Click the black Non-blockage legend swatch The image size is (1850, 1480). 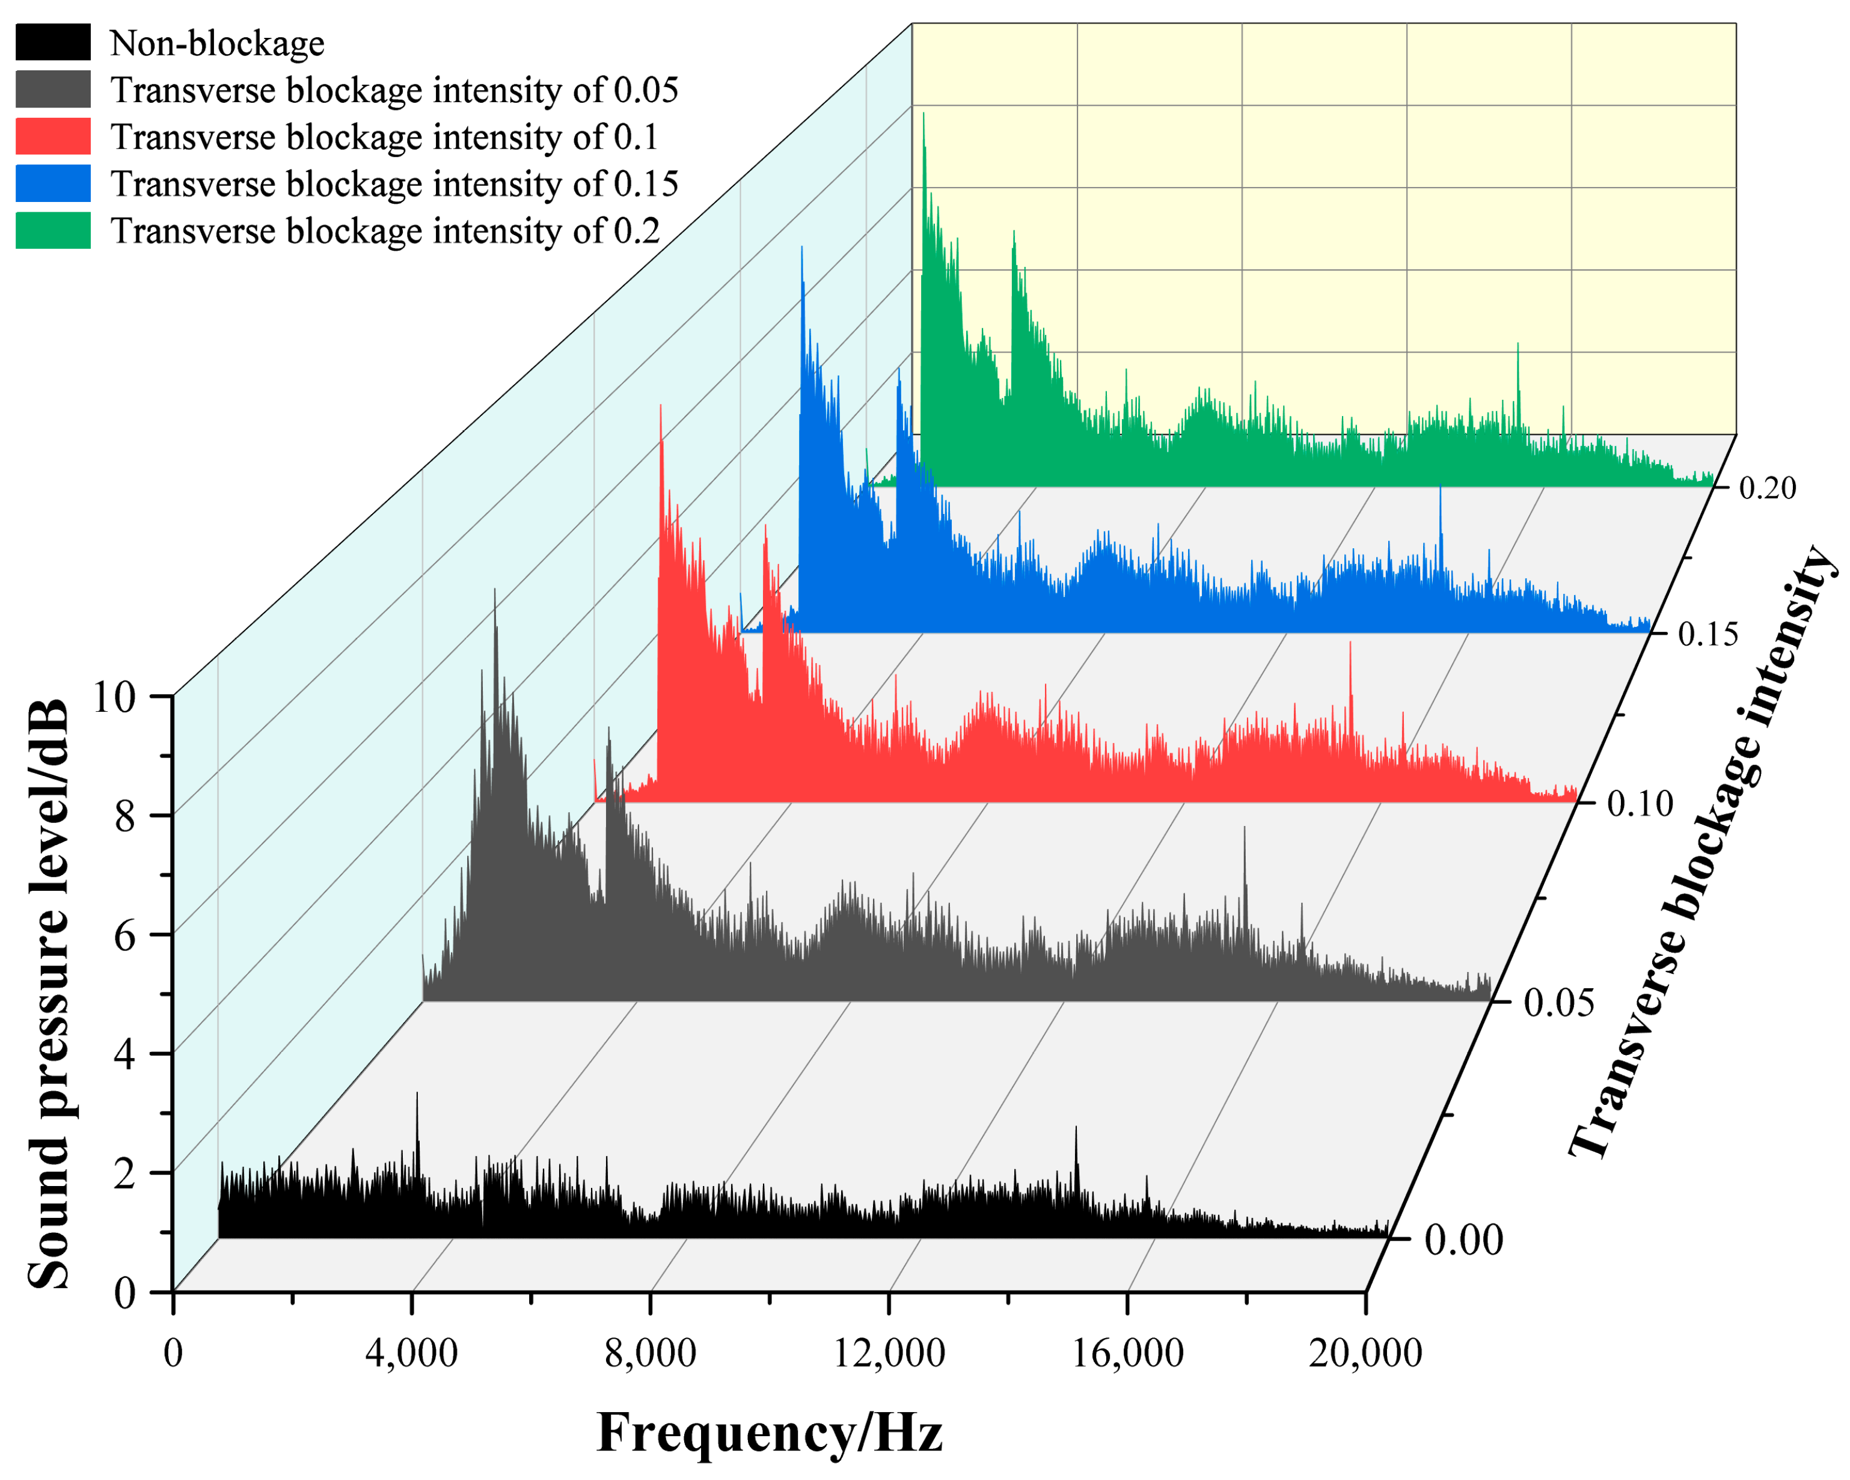coord(52,42)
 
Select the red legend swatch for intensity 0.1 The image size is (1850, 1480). coord(52,136)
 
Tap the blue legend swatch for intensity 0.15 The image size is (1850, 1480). coord(52,183)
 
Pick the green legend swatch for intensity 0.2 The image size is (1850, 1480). coord(52,231)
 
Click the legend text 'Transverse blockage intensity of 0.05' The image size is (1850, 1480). coord(394,90)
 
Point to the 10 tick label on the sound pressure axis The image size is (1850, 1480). coord(114,697)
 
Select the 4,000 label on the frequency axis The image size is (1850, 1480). coord(411,1353)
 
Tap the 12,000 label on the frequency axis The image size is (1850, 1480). coord(889,1353)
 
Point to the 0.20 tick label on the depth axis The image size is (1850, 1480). coord(1767,488)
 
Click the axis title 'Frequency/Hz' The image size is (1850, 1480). coord(770,1433)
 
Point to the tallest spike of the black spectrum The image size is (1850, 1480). coord(417,1095)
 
